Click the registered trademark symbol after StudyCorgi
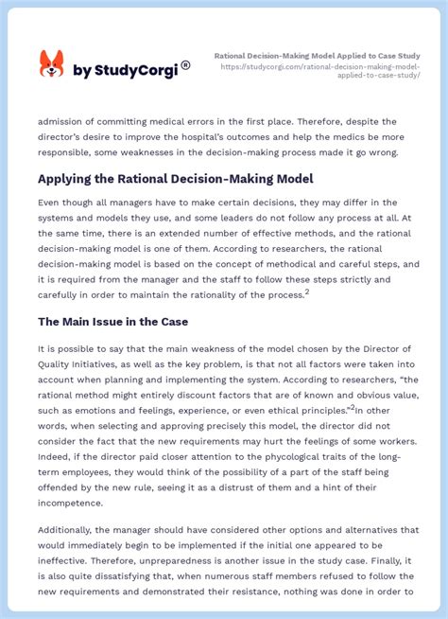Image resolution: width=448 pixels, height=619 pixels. click(185, 65)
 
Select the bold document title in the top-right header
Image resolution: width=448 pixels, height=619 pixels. click(318, 56)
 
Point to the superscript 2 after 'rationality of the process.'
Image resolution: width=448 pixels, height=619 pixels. click(307, 292)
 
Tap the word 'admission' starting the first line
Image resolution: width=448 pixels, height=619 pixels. click(63, 121)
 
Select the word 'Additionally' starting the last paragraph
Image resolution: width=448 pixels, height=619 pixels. click(72, 530)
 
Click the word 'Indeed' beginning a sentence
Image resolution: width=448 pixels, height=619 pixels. click(55, 430)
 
